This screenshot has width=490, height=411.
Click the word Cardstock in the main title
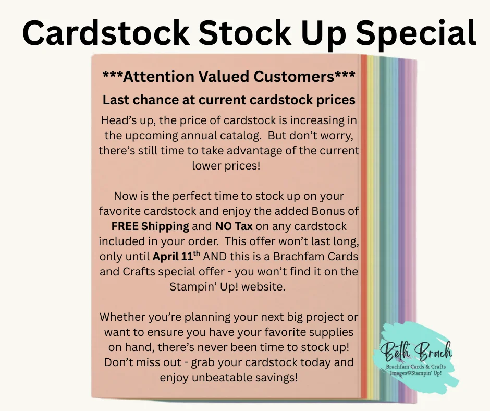[x=106, y=33]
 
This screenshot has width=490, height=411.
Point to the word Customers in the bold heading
[x=294, y=77]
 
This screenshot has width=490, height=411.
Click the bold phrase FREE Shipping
[x=150, y=226]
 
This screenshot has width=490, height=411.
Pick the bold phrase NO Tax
[x=234, y=226]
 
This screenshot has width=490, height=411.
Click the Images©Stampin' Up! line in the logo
[x=415, y=373]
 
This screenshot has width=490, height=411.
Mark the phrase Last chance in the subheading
[x=139, y=100]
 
